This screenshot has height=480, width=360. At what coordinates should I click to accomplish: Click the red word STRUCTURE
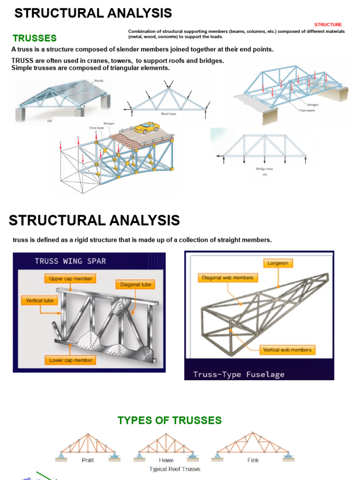[x=328, y=24]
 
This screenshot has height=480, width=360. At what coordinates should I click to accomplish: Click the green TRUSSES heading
[x=35, y=38]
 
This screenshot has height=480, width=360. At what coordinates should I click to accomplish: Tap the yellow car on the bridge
[x=146, y=127]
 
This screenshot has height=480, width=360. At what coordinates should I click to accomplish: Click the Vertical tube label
[x=40, y=300]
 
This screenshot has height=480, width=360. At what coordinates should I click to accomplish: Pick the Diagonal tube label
[x=135, y=285]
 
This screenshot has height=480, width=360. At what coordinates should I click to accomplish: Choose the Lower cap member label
[x=71, y=360]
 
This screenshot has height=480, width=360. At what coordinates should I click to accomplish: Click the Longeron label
[x=277, y=263]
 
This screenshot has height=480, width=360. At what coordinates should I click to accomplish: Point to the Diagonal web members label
[x=227, y=277]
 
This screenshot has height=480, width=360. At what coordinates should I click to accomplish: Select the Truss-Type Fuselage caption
[x=239, y=374]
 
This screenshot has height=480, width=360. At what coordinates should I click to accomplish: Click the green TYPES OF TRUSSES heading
[x=170, y=420]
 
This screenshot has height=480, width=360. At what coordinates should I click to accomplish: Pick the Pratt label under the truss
[x=88, y=460]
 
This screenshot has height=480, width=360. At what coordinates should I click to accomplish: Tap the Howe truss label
[x=166, y=460]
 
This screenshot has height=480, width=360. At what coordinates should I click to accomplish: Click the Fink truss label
[x=253, y=460]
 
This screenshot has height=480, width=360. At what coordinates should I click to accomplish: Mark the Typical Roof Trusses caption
[x=174, y=469]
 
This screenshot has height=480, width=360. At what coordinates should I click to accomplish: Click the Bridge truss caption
[x=264, y=169]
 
